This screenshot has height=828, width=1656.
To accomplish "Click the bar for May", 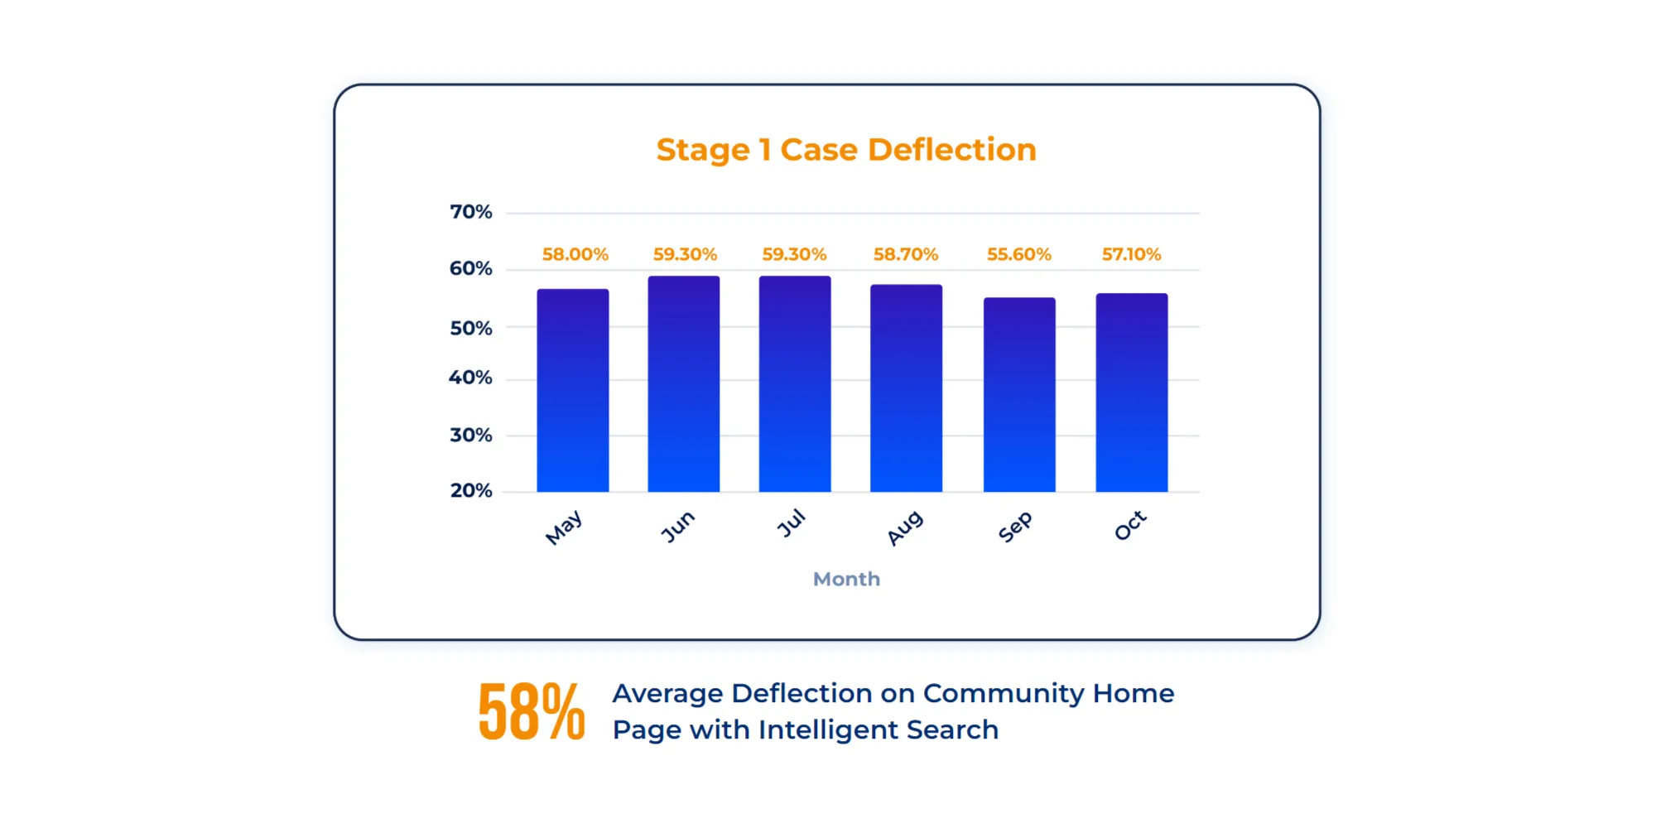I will click(572, 390).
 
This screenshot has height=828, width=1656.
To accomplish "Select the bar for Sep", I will click(1018, 394).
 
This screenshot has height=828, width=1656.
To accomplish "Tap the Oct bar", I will click(1131, 392).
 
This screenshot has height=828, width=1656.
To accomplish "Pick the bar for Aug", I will click(906, 388).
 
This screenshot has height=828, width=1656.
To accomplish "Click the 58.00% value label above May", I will click(575, 254).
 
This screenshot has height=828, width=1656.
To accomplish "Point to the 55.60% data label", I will click(1018, 254).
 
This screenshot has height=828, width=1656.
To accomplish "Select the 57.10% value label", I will click(1131, 254).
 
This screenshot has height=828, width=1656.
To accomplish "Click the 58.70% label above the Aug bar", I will click(905, 254).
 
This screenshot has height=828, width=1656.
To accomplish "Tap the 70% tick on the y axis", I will click(470, 212).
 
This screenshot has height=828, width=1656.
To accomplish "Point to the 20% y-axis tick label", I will click(470, 491).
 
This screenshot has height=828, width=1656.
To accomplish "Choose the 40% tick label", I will click(470, 378).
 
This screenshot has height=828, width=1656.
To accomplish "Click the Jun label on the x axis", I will click(677, 527).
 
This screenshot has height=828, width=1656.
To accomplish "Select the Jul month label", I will click(791, 524).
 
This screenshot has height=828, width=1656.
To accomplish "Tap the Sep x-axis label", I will click(1015, 527).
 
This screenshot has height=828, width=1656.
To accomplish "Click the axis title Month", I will click(846, 579).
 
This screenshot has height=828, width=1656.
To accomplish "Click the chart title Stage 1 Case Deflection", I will click(846, 150).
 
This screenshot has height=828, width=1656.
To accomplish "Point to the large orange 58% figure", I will click(532, 711).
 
